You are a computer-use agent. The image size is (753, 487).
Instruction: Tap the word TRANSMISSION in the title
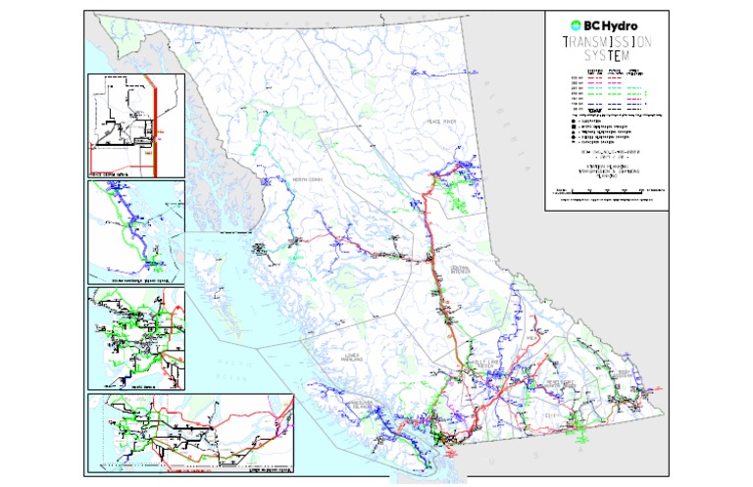[x=608, y=43]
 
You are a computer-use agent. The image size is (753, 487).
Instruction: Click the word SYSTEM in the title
[x=608, y=58]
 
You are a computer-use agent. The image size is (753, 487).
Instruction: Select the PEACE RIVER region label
[x=434, y=122]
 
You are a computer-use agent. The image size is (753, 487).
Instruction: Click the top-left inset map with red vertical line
[x=136, y=124]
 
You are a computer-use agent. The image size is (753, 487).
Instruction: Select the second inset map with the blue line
[x=136, y=230]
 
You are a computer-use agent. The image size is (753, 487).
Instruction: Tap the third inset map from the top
[x=136, y=338]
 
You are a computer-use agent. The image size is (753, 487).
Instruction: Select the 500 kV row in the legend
[x=608, y=78]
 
